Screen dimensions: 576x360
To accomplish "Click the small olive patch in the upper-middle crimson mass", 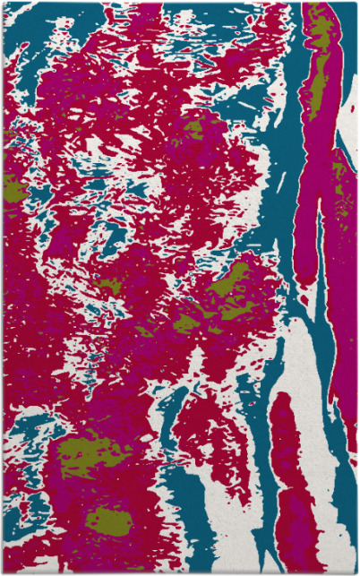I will point(193,131).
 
